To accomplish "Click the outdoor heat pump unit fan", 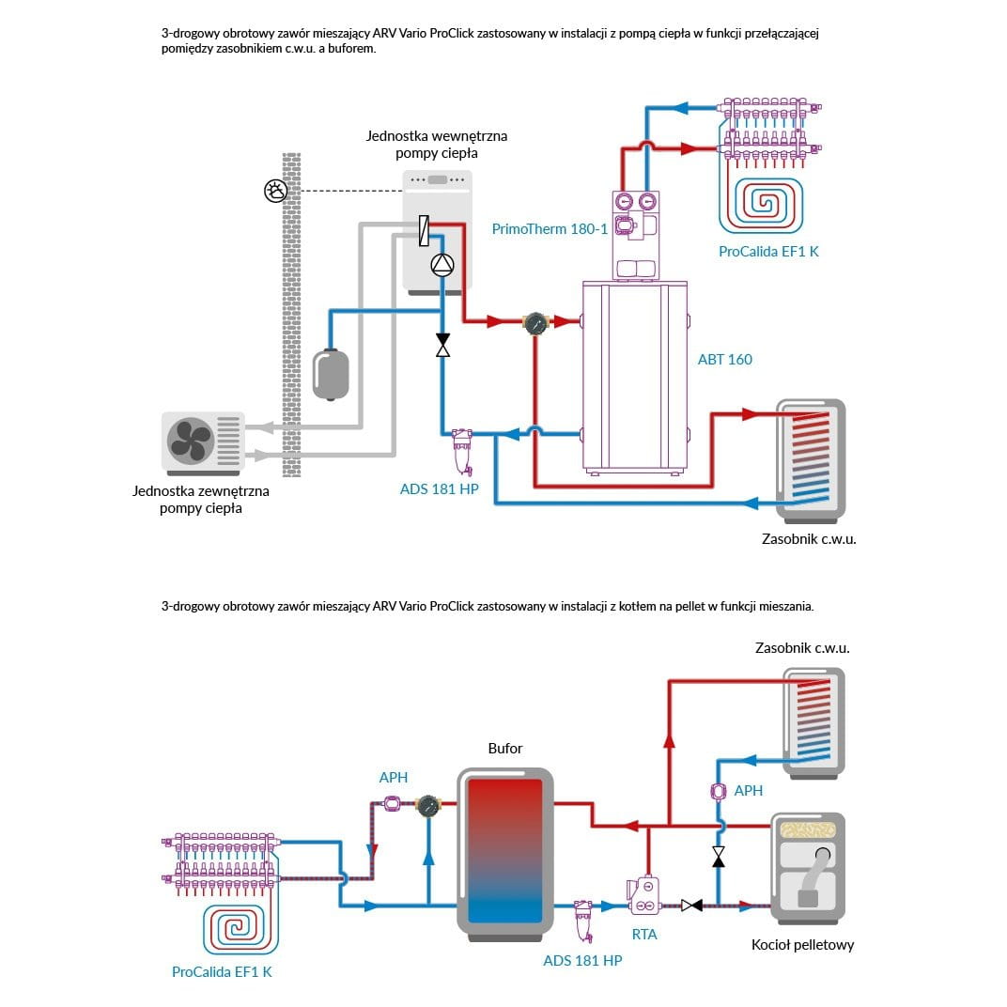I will pos(192,441).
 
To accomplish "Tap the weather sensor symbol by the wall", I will pos(275,191).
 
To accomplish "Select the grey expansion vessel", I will pos(331,373).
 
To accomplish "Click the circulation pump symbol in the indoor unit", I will pos(442,265).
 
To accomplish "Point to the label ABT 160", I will pos(724,359).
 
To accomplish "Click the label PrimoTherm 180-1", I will pos(550,228).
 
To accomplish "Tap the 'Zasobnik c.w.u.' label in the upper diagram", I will pos(809,538).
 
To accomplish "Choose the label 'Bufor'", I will pos(505,749).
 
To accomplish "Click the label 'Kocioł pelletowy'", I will pos(803,945).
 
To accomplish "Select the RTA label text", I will pos(644,934).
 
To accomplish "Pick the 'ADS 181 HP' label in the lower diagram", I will pos(582,960).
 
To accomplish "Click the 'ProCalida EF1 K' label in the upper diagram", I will pos(768,251).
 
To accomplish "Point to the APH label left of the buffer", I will pos(393,777).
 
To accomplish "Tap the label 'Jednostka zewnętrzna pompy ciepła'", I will pos(201,499).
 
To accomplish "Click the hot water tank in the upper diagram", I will pos(811,458).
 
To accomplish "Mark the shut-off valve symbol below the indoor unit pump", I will pos(442,345).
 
